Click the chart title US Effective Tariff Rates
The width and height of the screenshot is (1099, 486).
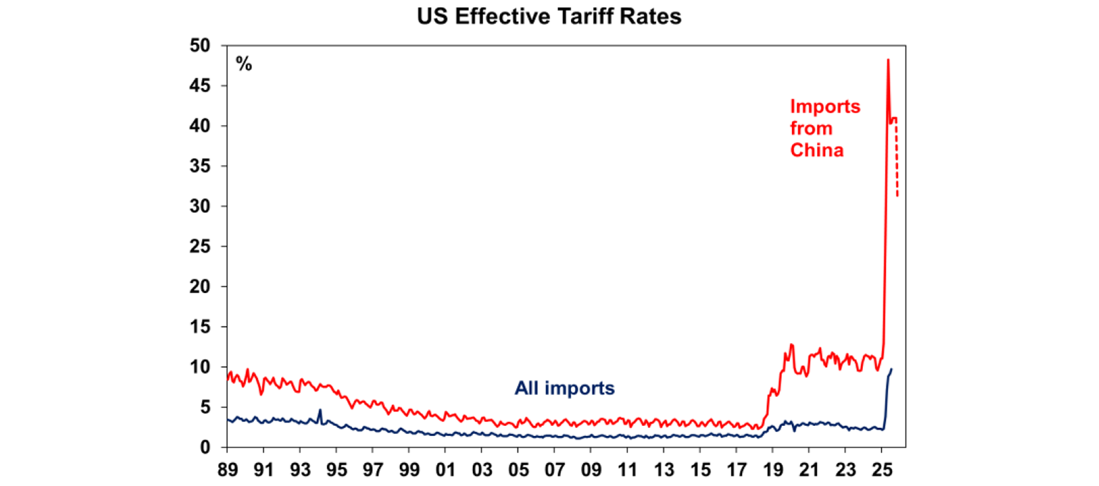coord(549,17)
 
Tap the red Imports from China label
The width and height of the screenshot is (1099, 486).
coord(825,129)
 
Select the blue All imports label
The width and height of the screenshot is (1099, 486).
coord(565,389)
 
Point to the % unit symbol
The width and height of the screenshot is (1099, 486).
coord(244,64)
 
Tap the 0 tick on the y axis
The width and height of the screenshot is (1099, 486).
coord(204,447)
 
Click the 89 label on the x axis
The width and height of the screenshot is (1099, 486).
coord(227,472)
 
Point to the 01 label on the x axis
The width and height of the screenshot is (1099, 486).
coord(445,472)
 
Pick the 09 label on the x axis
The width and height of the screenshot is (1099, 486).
coord(590,472)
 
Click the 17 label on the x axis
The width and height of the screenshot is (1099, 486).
coord(736,472)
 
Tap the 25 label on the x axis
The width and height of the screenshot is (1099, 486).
coord(881,472)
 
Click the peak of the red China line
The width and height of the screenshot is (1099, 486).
coord(888,60)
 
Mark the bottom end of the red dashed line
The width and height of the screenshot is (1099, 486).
coord(897,196)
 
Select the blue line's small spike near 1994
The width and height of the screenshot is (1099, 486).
coord(320,410)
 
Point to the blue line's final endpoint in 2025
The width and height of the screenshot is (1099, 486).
coord(891,370)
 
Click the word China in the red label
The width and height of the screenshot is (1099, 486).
coord(816,151)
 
